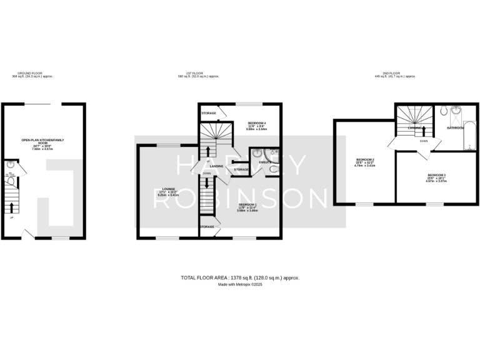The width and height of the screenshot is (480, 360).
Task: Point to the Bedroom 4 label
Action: click(257, 124)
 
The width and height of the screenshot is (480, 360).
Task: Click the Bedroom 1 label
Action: click(247, 206)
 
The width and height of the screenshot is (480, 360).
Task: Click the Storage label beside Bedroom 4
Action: click(209, 113)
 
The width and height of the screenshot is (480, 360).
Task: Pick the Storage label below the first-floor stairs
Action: click(207, 226)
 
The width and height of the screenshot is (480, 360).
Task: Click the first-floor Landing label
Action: click(217, 166)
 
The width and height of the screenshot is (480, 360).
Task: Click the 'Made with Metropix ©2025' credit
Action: click(240, 284)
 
